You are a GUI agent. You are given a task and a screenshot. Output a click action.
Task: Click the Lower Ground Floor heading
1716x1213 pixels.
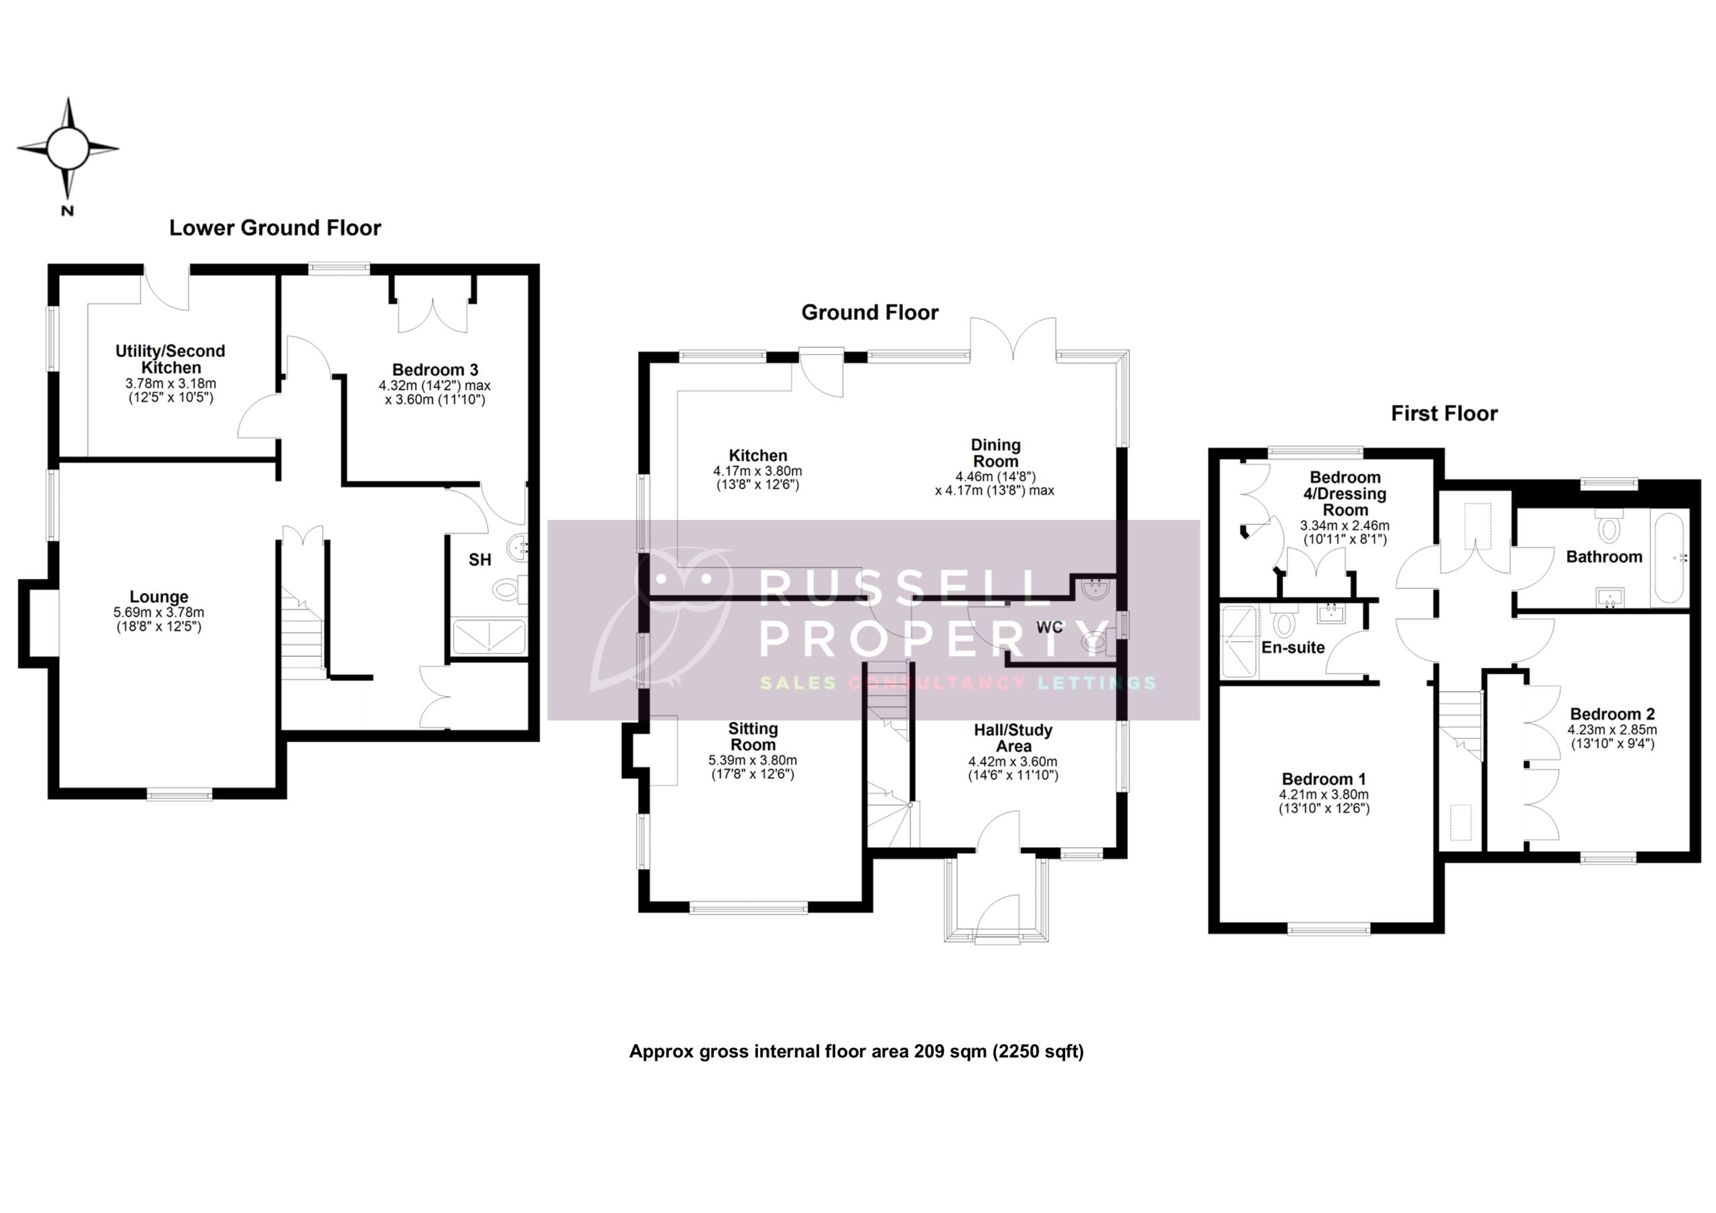point(275,228)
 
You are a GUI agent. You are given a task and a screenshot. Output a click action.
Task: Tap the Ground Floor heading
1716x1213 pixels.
point(869,312)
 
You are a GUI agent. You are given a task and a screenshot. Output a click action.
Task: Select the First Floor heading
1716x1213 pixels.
point(1443,413)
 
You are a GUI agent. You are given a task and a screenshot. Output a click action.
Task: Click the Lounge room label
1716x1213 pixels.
point(158,596)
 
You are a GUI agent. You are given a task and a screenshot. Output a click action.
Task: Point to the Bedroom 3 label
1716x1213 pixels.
point(434,370)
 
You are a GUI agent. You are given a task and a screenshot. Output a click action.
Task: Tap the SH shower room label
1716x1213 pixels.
point(480,559)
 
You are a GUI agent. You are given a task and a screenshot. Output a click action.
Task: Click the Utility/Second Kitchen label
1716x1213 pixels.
point(170,359)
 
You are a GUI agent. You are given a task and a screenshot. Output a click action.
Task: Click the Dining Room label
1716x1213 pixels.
point(995,453)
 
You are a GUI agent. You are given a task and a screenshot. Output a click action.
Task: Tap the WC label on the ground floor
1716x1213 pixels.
point(1048,627)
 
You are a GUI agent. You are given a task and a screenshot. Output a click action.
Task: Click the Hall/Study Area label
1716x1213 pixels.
point(1013,738)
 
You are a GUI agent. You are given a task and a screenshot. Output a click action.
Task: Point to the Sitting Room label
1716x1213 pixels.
point(753,736)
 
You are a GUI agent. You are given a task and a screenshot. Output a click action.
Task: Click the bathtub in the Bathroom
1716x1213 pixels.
point(1669,557)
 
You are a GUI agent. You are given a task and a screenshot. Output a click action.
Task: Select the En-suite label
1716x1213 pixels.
point(1292,647)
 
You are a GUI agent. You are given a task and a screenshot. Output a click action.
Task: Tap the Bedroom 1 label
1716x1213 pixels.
point(1324,779)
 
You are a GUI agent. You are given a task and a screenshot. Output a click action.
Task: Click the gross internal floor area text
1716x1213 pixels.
point(856,1051)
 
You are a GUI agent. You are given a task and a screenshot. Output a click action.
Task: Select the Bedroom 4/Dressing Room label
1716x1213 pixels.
point(1345,493)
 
